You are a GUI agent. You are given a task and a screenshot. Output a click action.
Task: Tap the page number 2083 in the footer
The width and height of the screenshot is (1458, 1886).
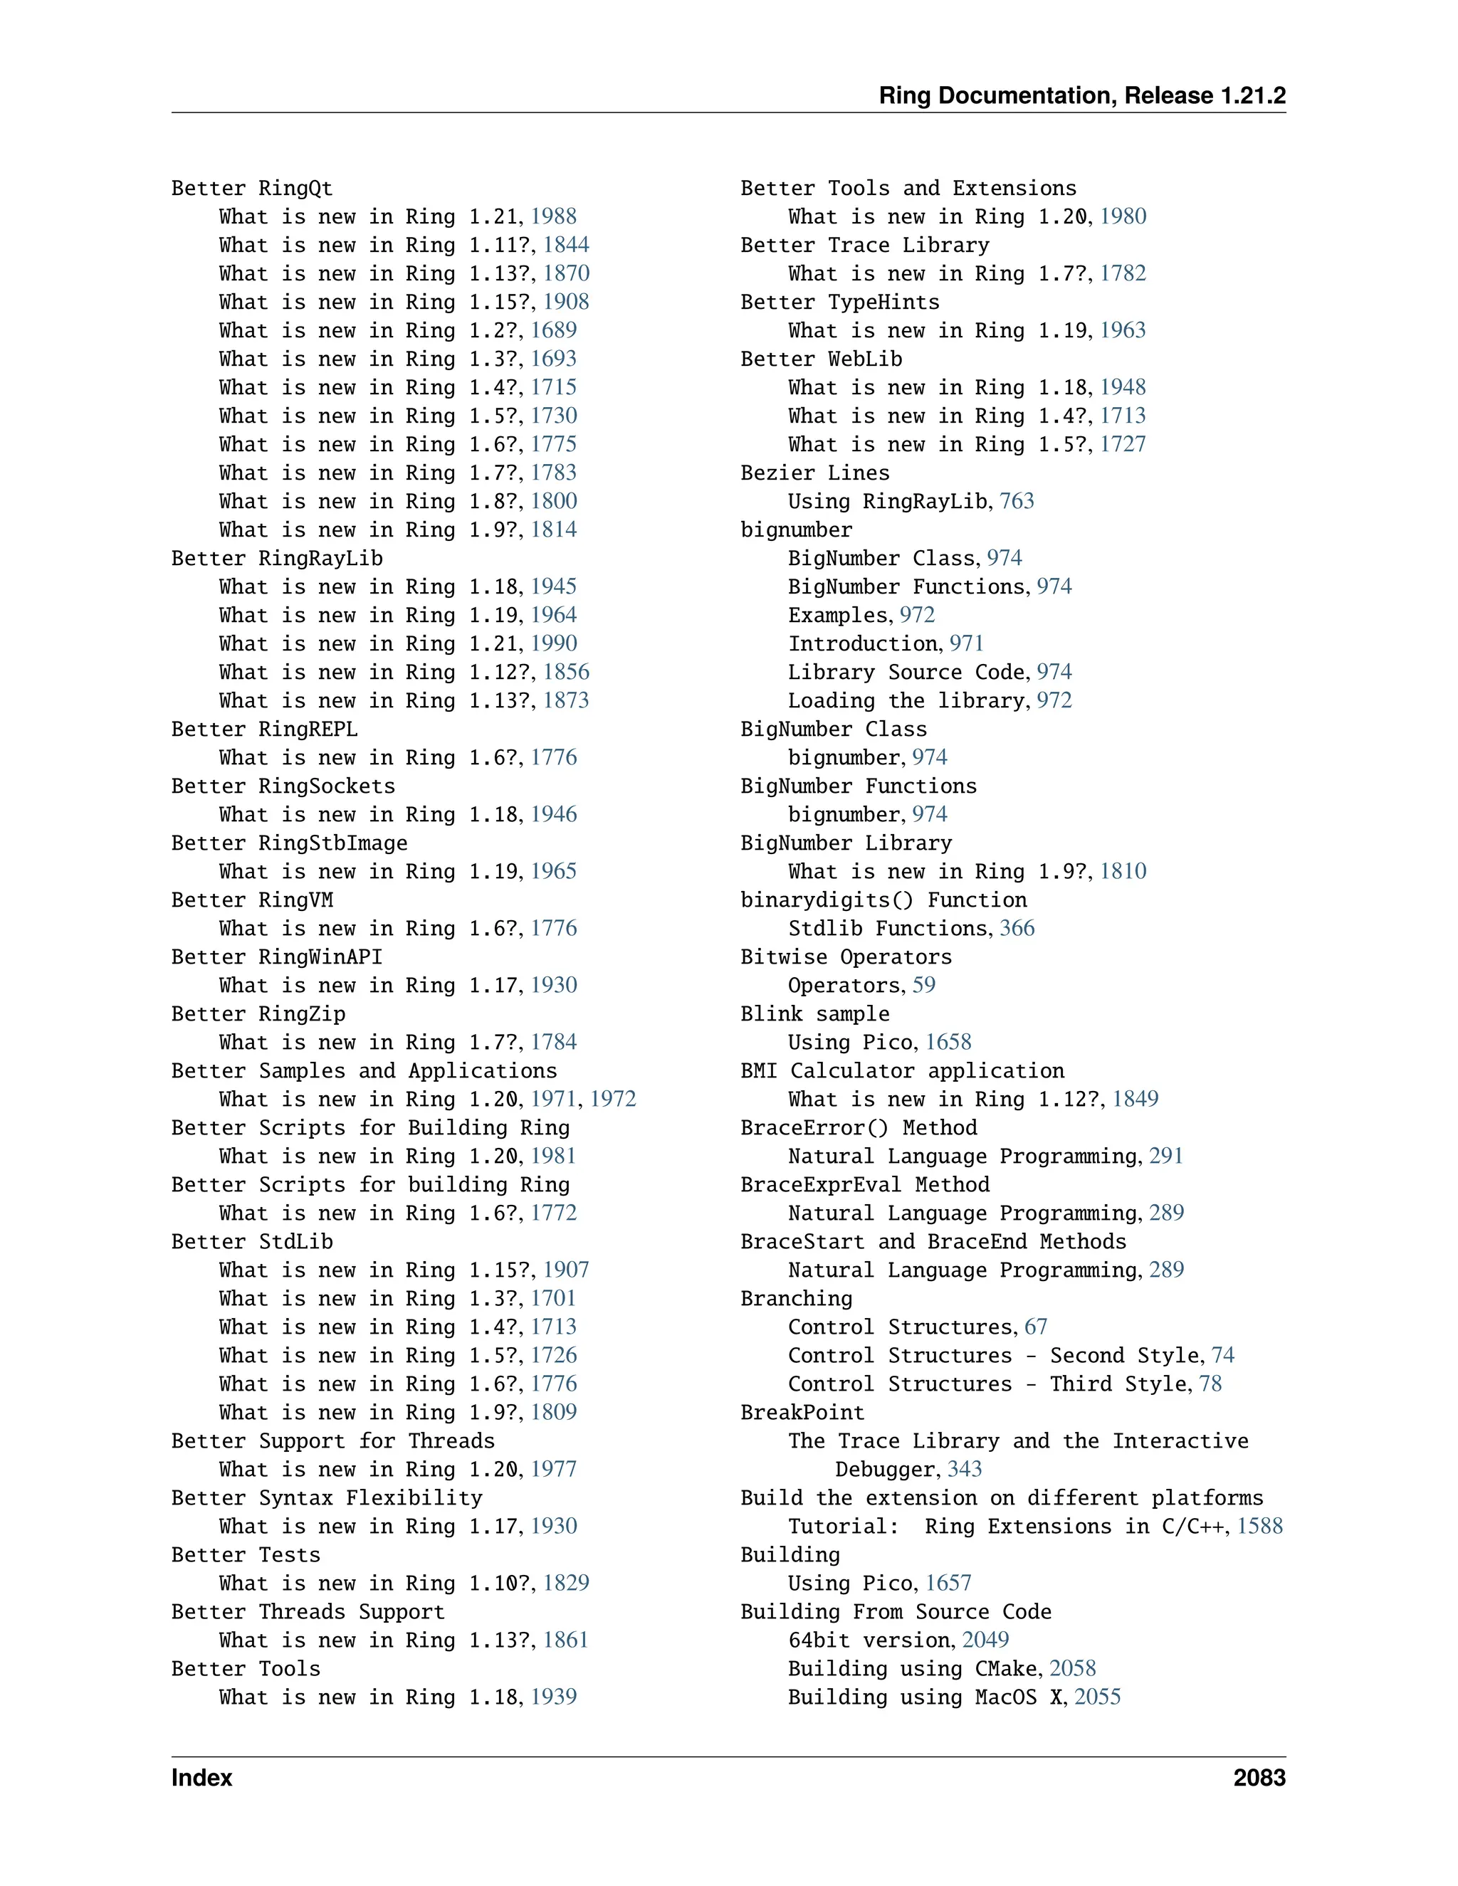pos(1259,1777)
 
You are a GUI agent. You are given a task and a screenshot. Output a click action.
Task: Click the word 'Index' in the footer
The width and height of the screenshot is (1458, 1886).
pos(201,1777)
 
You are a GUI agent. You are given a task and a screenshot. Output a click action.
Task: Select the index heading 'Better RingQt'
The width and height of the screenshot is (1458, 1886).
pos(251,189)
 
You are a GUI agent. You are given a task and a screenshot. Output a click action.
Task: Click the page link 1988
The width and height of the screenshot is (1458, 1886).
pos(554,217)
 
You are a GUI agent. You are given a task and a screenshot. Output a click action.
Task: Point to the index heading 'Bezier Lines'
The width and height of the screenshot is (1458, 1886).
pos(814,473)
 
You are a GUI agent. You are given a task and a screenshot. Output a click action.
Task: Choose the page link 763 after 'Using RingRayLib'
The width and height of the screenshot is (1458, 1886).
pos(1017,502)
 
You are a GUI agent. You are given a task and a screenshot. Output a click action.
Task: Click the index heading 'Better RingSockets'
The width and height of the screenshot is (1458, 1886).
pos(283,786)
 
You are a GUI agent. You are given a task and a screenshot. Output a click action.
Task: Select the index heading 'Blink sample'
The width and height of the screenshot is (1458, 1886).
pos(814,1013)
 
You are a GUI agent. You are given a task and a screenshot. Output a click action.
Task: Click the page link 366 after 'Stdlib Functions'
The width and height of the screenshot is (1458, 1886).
pos(1017,928)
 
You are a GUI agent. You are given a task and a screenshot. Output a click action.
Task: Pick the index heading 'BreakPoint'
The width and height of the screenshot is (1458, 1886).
pos(802,1413)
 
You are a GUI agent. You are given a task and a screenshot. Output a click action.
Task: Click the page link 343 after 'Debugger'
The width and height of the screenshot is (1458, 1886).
pos(965,1470)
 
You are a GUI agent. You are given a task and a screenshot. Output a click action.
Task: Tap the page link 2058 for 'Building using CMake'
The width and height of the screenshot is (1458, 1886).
pos(1072,1669)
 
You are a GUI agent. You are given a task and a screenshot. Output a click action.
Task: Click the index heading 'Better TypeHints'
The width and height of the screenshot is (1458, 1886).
pos(839,302)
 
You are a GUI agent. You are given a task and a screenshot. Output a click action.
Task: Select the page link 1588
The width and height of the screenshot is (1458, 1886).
pos(1259,1527)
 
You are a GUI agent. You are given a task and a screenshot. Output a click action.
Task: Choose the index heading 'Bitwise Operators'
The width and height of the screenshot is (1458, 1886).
pos(846,957)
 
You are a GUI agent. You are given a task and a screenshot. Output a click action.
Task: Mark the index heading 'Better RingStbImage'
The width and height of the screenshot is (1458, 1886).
pos(288,843)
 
